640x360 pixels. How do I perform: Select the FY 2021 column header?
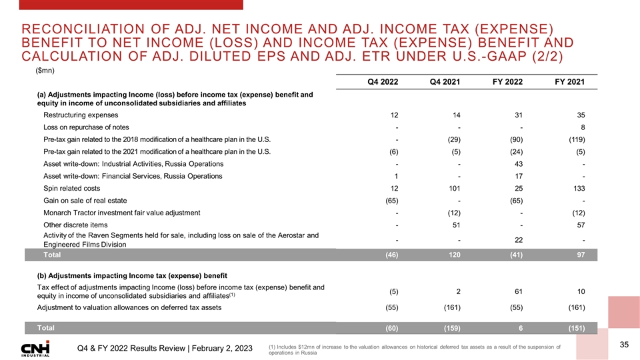click(x=569, y=82)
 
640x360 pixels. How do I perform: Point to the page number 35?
click(x=624, y=345)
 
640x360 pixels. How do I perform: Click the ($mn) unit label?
click(x=45, y=69)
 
